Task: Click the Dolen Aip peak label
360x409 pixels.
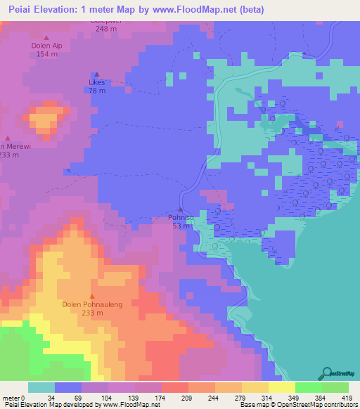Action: click(x=47, y=45)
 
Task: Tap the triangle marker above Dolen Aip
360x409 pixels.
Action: click(x=47, y=37)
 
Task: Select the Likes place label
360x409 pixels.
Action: click(x=97, y=82)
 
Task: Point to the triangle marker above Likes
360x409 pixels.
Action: click(x=97, y=74)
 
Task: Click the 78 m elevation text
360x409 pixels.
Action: click(x=97, y=91)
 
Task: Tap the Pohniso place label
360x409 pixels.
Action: click(x=181, y=218)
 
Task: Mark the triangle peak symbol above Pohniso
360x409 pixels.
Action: click(x=181, y=209)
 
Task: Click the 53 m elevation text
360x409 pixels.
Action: click(x=181, y=226)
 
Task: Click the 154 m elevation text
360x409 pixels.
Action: click(x=47, y=54)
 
